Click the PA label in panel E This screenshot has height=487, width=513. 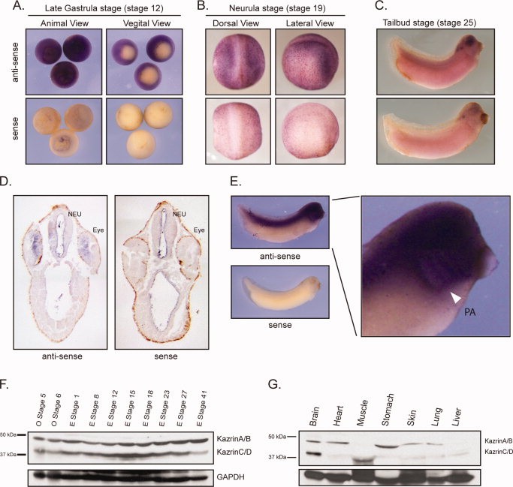pos(470,312)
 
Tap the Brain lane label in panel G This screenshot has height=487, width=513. pos(314,416)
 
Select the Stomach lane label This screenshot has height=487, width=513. pos(388,410)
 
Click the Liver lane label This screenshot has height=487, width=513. pos(457,416)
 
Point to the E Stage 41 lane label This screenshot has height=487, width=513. pos(203,408)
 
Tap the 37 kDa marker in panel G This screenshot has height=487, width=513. pos(277,457)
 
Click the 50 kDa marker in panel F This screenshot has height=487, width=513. pos(8,434)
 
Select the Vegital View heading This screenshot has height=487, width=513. pos(147,23)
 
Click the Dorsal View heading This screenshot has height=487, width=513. pos(236,23)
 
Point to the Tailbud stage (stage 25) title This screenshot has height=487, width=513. pos(430,23)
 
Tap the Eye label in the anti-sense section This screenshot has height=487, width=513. pos(98,230)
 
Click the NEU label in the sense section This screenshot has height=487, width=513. pos(179,214)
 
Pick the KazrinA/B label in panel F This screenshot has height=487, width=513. pos(234,439)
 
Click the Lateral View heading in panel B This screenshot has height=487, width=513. pos(310,23)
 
